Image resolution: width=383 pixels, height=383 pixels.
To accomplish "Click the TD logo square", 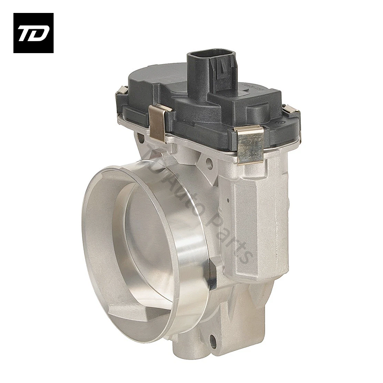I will click(34, 33).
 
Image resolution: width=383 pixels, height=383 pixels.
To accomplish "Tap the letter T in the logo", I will click(26, 34).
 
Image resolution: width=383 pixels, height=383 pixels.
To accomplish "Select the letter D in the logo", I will click(40, 34).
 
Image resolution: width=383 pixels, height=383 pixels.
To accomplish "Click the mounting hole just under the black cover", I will click(209, 161).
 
